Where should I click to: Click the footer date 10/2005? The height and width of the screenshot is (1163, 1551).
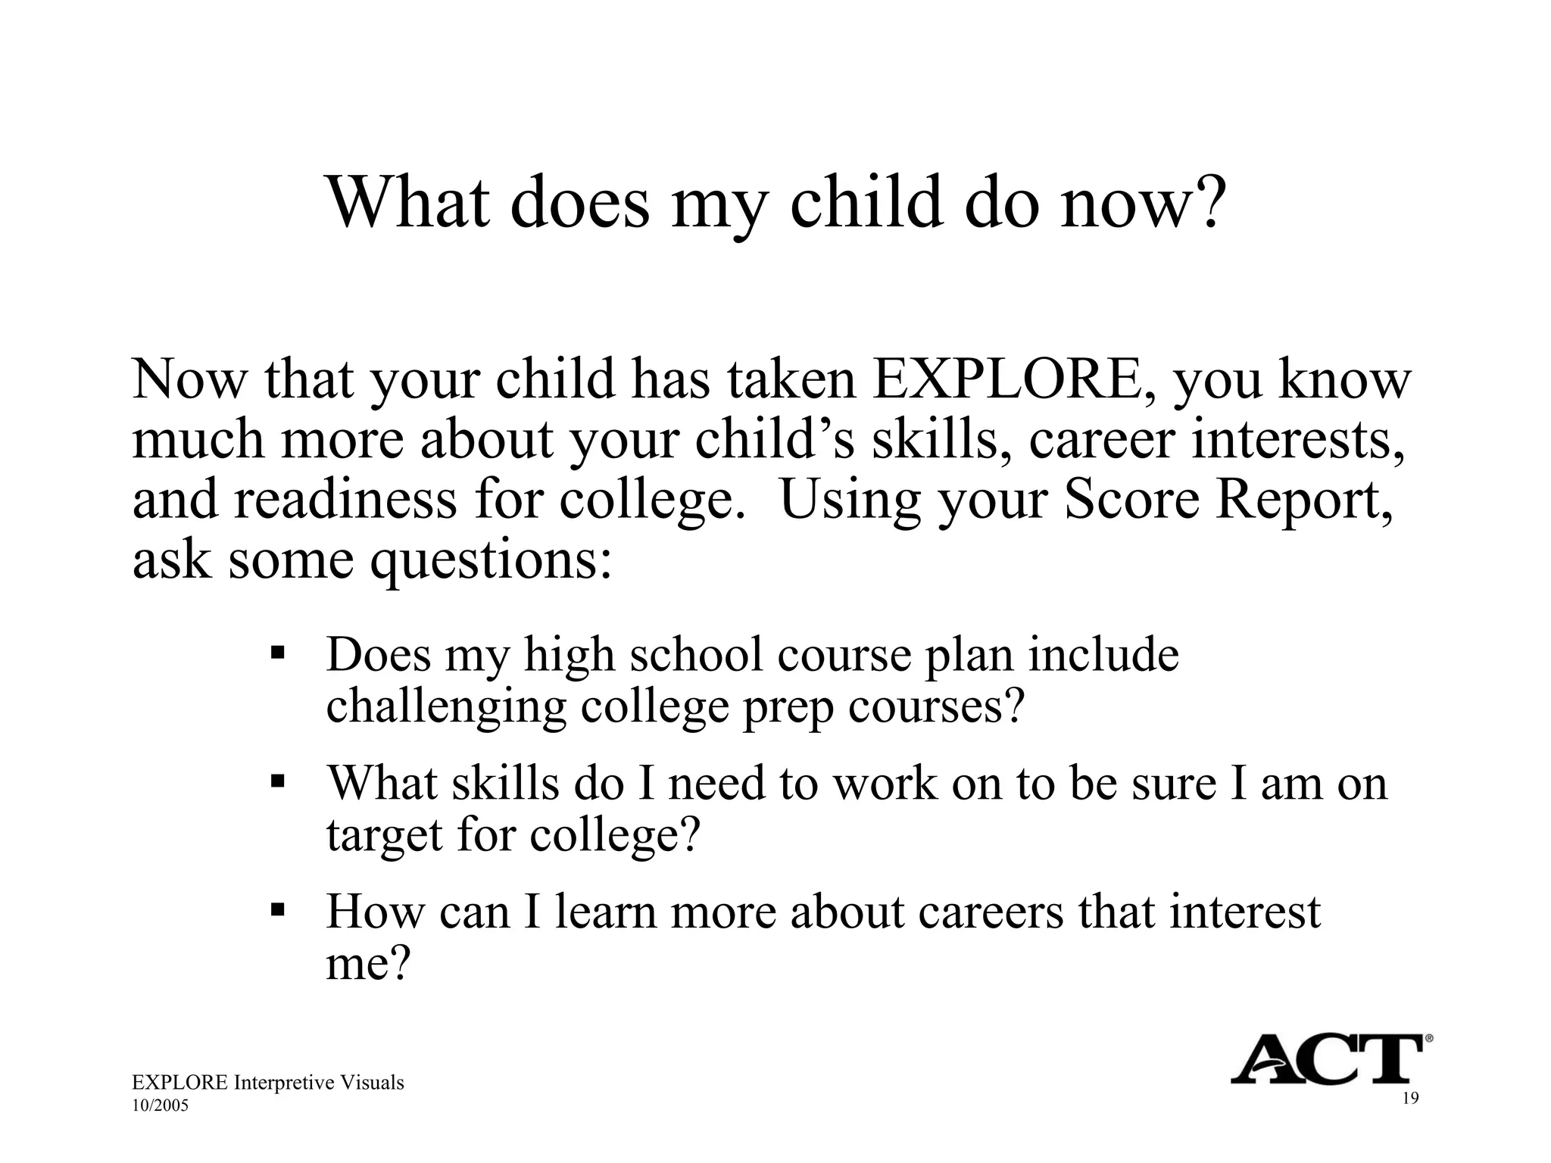(160, 1106)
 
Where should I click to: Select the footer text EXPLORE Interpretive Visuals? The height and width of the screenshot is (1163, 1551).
(267, 1083)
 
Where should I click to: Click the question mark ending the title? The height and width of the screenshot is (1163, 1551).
(1206, 202)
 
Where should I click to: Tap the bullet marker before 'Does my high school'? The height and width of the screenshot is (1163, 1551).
(276, 652)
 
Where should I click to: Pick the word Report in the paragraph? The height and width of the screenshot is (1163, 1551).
(1302, 500)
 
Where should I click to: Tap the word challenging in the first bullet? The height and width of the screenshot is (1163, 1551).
(446, 709)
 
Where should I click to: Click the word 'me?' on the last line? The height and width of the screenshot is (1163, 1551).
(367, 964)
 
